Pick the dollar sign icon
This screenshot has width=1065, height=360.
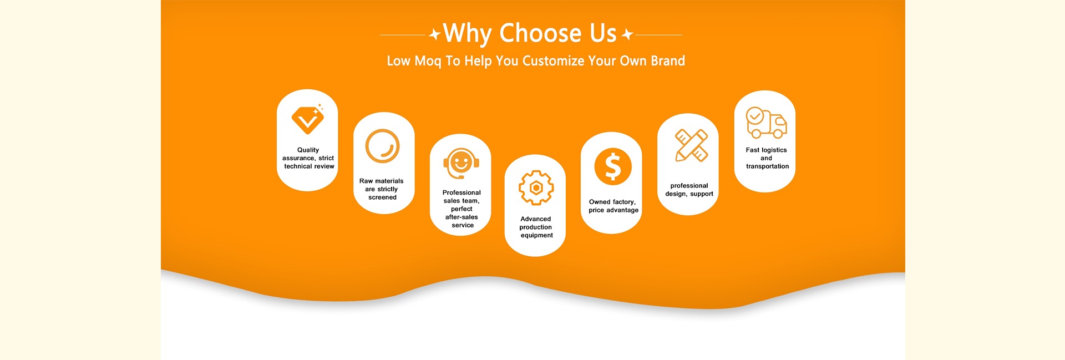coord(612,166)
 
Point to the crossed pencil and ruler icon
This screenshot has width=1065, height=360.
coord(691,145)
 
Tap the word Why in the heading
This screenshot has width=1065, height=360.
coord(467,33)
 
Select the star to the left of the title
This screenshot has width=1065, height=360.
coord(435,34)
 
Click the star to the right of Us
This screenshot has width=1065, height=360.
coord(627,34)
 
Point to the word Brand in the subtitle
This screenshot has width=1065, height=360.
coord(668,60)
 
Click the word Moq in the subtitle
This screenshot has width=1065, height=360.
coord(428,61)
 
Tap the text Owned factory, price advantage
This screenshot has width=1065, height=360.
coord(613,206)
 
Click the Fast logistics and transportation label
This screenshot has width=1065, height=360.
coord(767,158)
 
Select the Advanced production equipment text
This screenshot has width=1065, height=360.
coord(536,227)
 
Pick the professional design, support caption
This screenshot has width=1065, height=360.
coord(689,190)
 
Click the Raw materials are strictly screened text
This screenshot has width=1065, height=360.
coord(382,189)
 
